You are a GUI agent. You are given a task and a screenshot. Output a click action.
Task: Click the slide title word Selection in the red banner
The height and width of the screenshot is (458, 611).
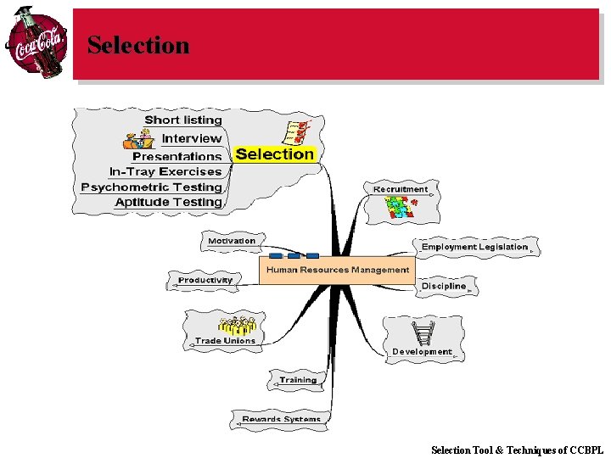pos(138,45)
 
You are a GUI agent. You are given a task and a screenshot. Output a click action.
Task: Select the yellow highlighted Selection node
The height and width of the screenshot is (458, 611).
pos(274,154)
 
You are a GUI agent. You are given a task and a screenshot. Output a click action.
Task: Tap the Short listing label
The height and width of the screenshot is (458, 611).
pos(182,120)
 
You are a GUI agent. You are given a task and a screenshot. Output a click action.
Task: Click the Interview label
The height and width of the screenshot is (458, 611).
pos(192,138)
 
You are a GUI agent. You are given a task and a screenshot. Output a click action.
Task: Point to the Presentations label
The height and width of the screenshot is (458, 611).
pos(177,156)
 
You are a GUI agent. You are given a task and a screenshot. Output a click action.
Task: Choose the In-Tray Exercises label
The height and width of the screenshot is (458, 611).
pos(165,171)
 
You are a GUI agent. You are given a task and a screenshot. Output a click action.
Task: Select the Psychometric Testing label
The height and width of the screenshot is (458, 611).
pos(151,187)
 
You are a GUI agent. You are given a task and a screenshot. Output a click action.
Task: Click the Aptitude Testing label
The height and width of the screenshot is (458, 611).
pos(168,202)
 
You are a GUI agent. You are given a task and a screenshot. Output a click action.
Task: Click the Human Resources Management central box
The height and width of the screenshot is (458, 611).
pos(337,270)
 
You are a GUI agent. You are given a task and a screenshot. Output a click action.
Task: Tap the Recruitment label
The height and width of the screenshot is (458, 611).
pos(401,189)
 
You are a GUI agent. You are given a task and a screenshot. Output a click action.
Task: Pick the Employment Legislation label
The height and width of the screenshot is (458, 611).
pos(474,247)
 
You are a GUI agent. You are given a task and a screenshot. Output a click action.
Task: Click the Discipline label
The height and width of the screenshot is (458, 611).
pos(444,286)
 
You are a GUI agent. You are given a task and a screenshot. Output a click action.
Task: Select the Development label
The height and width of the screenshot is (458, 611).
pos(422,351)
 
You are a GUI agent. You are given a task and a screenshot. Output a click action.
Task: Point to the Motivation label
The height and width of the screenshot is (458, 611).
pos(232,241)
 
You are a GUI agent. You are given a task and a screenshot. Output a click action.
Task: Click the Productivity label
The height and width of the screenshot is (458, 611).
pos(205,280)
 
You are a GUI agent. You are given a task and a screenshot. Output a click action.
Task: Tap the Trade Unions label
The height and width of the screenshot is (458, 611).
pos(225,341)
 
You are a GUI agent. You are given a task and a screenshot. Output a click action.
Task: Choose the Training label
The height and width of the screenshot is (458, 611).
pos(298,380)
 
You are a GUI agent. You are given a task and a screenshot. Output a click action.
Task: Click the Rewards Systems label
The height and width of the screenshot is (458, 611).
pos(281,419)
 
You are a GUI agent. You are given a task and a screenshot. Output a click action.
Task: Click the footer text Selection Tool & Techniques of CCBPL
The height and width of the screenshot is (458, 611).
pos(517,450)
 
